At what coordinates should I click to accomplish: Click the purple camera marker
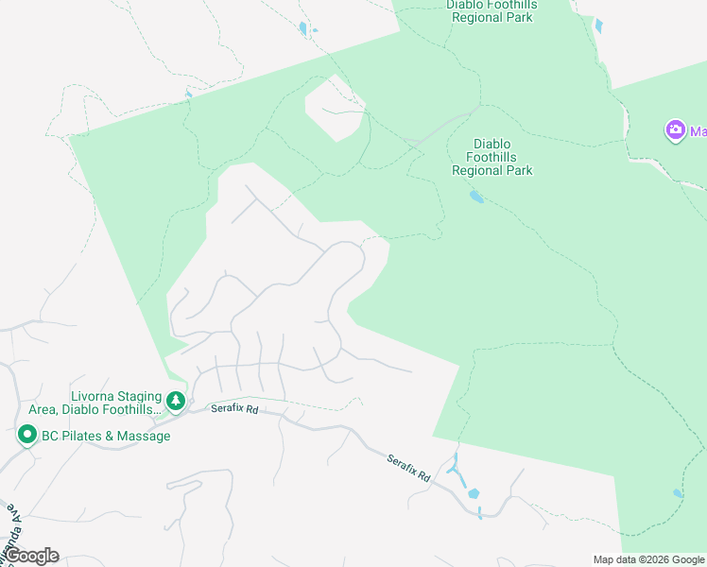tap(675, 130)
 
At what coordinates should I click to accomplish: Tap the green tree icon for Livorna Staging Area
tap(176, 402)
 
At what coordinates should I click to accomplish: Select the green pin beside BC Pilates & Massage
tap(27, 436)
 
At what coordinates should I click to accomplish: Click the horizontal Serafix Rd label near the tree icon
tap(234, 409)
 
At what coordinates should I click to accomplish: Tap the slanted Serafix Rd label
tap(408, 468)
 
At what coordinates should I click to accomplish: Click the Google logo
tap(31, 556)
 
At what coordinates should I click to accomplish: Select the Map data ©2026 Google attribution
tap(649, 559)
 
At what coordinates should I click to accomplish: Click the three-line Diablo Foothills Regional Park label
tap(491, 158)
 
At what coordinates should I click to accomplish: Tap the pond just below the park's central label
tap(475, 197)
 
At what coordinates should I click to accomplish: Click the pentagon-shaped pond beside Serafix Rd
tap(473, 493)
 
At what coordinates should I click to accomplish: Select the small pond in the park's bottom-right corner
tap(678, 493)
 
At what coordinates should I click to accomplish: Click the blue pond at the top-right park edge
tap(597, 26)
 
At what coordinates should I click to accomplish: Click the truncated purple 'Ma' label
tap(698, 131)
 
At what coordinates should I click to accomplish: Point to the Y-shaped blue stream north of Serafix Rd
tap(456, 469)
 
